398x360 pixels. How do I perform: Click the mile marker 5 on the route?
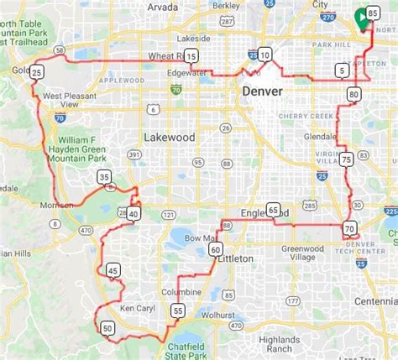341,70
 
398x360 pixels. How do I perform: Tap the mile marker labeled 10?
265,55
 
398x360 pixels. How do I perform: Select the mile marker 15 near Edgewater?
191,57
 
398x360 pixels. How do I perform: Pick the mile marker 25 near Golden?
36,73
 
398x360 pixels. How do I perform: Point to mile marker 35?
104,177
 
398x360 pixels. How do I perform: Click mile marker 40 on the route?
134,214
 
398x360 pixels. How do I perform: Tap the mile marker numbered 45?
113,270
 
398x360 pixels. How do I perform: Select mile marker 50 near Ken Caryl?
106,327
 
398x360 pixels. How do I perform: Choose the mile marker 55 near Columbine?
178,310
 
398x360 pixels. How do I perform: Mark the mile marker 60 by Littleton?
216,249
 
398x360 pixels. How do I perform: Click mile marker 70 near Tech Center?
350,227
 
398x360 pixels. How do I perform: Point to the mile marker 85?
373,13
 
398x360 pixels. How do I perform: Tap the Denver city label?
265,90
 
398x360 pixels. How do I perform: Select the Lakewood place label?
169,137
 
